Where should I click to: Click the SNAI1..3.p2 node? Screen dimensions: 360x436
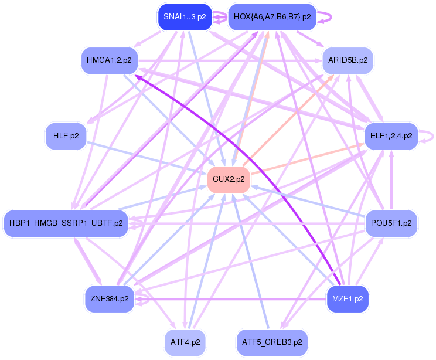185,17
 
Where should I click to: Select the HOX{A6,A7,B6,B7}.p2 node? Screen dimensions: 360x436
272,17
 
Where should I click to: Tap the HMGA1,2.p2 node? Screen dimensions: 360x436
108,60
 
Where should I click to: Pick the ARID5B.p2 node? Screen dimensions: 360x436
348,60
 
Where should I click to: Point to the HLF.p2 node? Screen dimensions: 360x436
66,136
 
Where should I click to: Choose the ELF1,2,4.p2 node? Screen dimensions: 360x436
391,136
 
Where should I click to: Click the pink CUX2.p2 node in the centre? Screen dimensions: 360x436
229,179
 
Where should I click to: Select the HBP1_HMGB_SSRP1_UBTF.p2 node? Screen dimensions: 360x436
66,223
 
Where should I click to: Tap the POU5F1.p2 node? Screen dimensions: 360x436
391,223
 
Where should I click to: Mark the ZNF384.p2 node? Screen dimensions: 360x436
109,298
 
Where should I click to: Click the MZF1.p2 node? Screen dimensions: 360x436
348,298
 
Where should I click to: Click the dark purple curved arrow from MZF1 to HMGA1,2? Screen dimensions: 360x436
246,147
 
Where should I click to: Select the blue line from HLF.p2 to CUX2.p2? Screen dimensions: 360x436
147,158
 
